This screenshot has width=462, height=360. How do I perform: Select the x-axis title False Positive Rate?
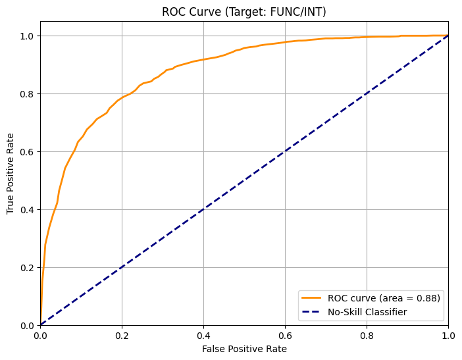tap(244, 349)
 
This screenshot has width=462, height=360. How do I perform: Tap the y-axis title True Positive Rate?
tap(11, 174)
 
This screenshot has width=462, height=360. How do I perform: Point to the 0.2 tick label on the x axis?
tap(122, 335)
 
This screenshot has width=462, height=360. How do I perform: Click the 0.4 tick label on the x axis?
tap(203, 335)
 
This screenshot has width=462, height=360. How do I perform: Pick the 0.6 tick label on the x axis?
tap(285, 335)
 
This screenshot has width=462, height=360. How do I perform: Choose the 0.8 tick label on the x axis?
tap(367, 335)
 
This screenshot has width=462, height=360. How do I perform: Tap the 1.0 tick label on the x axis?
tap(448, 335)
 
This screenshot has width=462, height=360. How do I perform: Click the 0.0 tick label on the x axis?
tap(40, 335)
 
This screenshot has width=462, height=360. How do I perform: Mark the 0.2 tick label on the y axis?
tap(26, 268)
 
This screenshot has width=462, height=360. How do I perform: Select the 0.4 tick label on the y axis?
tap(26, 210)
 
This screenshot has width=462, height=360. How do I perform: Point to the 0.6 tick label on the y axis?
tap(26, 152)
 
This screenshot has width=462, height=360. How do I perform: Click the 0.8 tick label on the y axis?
tap(26, 94)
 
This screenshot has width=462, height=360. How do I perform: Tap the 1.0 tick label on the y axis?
tap(26, 36)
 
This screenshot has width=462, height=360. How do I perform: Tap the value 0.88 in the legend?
tap(428, 298)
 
